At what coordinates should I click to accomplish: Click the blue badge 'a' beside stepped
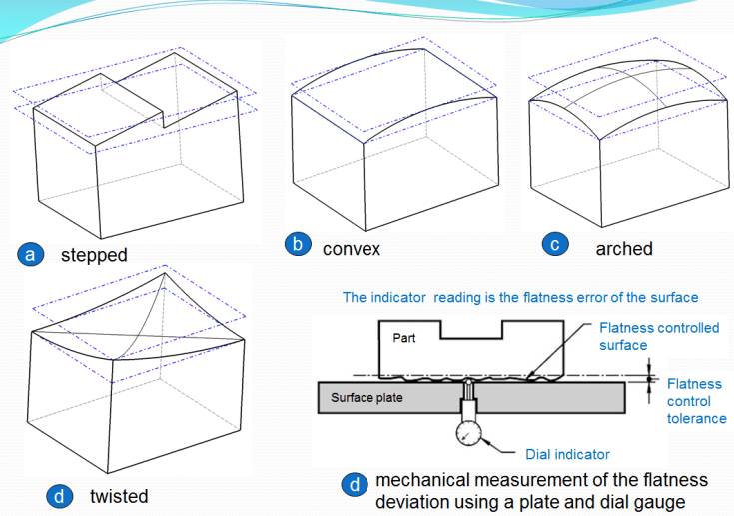point(30,254)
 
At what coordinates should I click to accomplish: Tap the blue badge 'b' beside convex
point(297,245)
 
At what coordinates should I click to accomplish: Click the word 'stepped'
point(94,255)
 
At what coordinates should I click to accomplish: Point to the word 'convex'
point(352,247)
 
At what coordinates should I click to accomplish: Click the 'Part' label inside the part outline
point(404,338)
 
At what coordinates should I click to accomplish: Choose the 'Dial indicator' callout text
point(567,454)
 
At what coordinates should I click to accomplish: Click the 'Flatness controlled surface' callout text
point(658,336)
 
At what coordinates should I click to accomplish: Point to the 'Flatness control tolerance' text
point(696,400)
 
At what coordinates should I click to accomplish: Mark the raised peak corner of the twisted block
point(164,271)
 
